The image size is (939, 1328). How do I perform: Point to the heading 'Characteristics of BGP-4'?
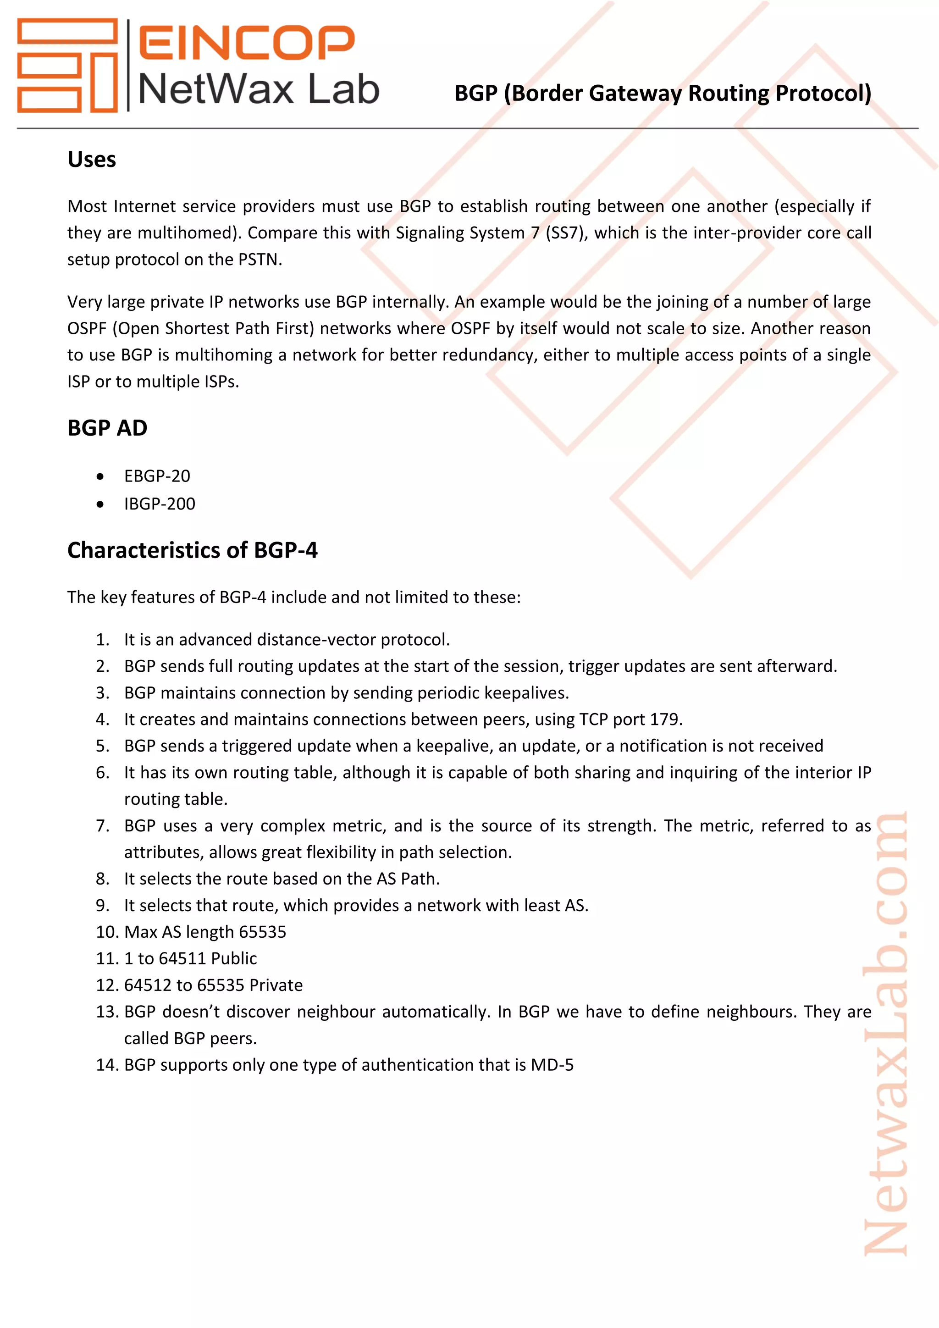[192, 550]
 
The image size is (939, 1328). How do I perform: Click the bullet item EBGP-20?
[157, 476]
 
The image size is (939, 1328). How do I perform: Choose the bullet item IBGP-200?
[160, 504]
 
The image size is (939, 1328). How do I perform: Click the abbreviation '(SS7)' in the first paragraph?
[565, 232]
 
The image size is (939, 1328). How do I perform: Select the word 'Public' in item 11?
[233, 958]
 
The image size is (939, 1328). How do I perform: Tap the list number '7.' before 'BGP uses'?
[102, 826]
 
